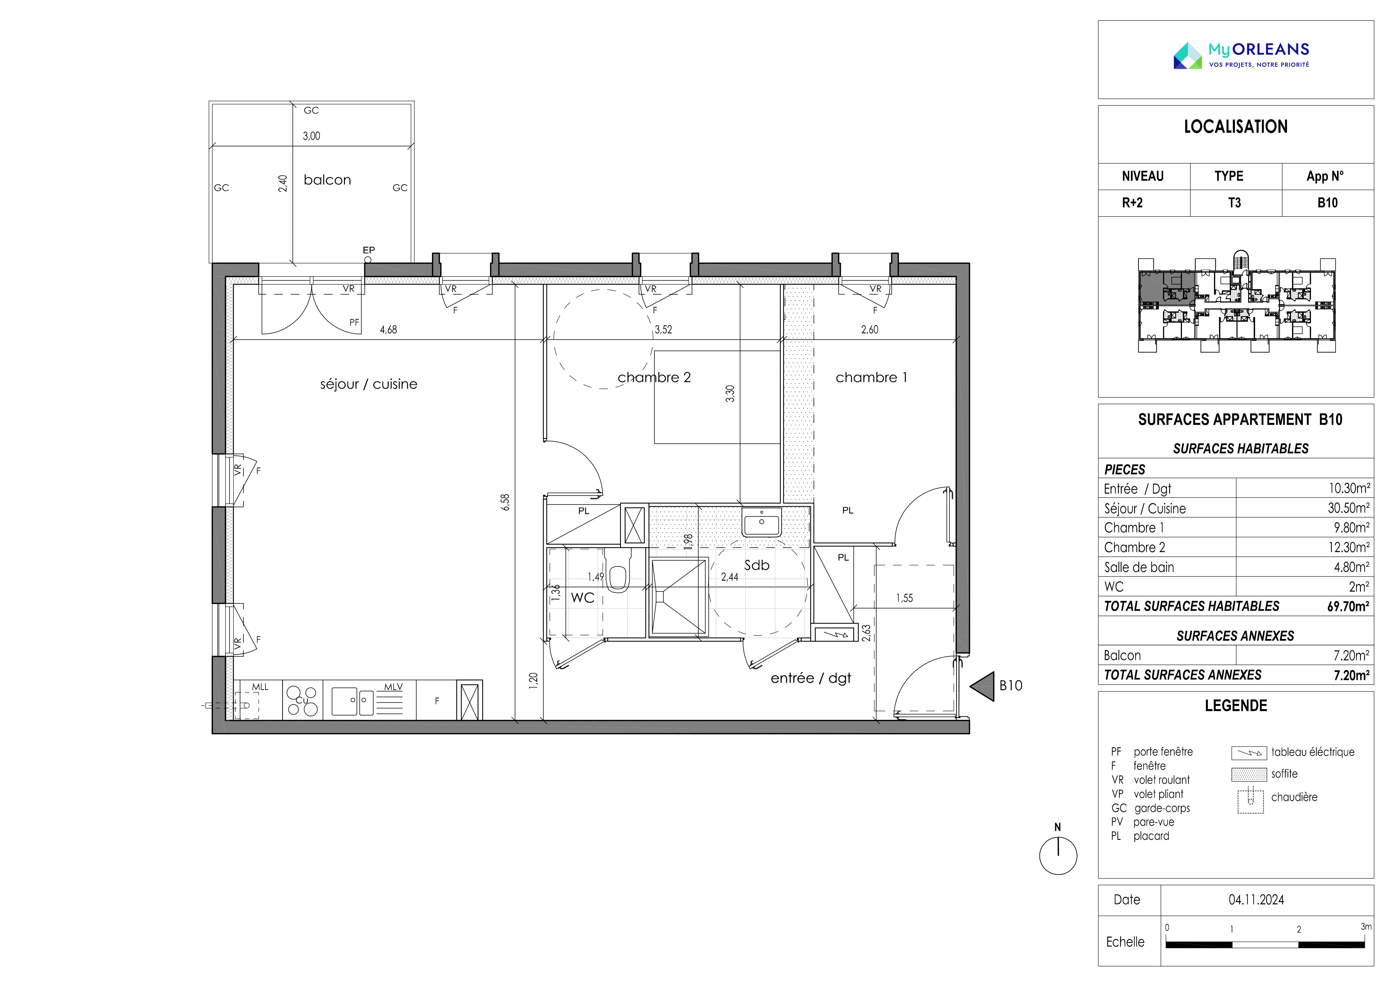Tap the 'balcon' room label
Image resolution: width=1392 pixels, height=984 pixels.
click(x=327, y=180)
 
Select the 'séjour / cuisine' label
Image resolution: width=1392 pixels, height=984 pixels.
click(x=369, y=384)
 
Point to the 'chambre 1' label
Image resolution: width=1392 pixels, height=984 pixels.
click(x=871, y=378)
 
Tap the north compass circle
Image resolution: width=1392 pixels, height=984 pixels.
click(x=1058, y=856)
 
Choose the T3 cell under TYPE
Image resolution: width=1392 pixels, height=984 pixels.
click(x=1234, y=203)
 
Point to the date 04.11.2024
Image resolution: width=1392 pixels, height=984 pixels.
click(x=1256, y=900)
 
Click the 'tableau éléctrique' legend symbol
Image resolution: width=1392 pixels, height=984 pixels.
click(x=1249, y=753)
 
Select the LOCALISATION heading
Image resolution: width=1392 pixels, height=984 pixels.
click(x=1235, y=127)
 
